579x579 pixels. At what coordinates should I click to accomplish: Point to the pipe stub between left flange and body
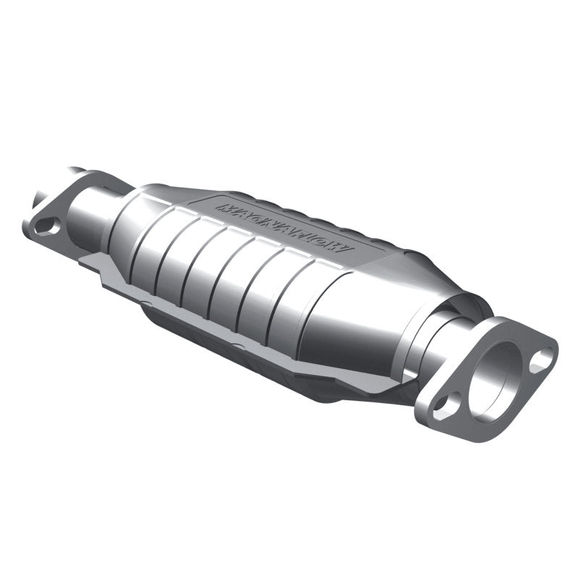coord(94,210)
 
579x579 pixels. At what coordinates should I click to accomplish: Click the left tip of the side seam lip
coord(94,275)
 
